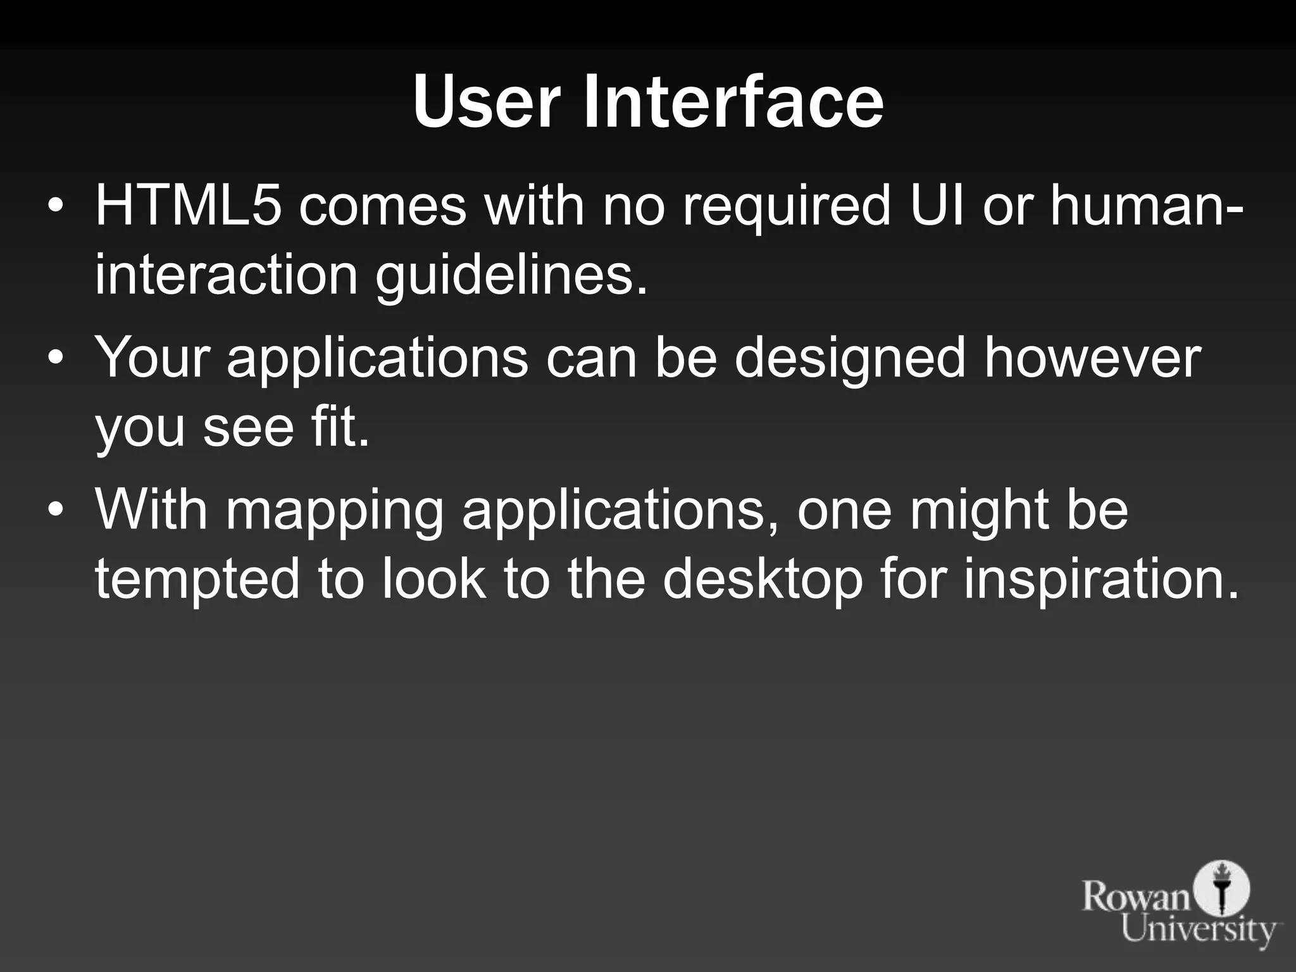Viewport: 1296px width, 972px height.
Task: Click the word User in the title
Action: coord(486,101)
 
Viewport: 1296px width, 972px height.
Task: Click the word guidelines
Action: coord(511,277)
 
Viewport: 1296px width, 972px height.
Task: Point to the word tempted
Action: coord(197,581)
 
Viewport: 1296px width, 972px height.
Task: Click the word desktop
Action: coord(763,581)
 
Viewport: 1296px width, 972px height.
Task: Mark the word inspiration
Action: coord(1100,581)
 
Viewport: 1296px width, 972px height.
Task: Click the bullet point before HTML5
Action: coord(56,207)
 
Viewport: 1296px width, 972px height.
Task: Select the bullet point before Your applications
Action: coord(56,359)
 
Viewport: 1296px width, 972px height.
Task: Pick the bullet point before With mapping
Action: coord(56,511)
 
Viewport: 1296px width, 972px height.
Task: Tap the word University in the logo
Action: coord(1200,931)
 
